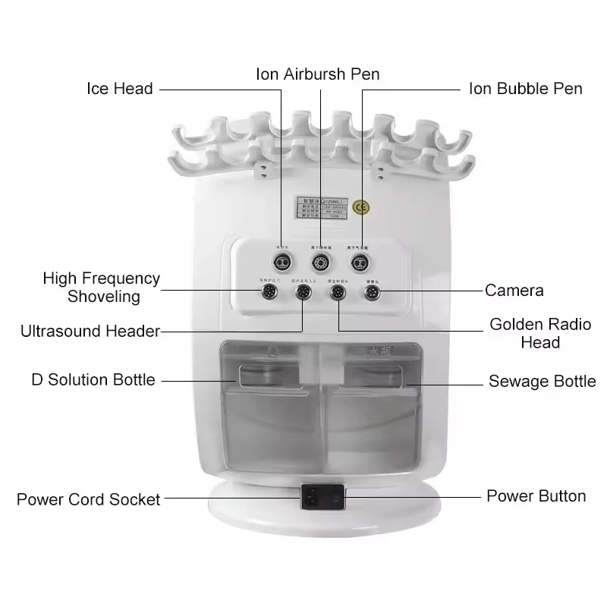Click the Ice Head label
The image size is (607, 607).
pos(119,89)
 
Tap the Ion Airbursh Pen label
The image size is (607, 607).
pos(317,74)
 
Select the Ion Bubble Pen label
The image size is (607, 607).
pos(526,89)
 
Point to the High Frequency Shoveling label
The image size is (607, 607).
pos(102,288)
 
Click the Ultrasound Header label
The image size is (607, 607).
pos(90,332)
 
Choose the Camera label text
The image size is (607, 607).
pos(514,290)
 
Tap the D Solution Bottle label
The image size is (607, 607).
pos(93,379)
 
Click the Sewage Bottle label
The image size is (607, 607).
pos(542,381)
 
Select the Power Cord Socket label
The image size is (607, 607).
pos(89,499)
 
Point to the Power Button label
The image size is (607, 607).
pos(536,496)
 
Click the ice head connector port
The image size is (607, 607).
pos(282,262)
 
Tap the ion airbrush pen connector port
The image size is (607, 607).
pos(322,262)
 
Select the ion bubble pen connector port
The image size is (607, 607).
pos(361,262)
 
